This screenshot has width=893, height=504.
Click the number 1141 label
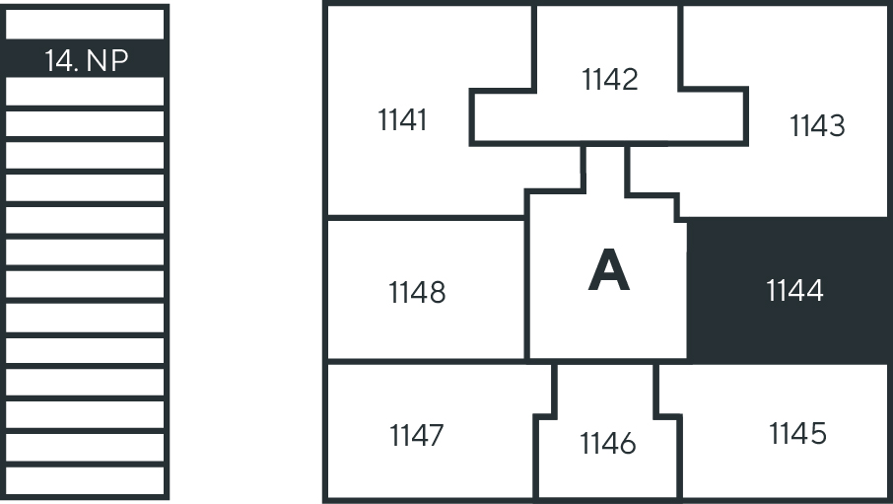[x=402, y=120]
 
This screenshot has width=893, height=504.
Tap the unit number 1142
[x=610, y=79]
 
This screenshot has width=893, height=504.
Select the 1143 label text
[x=817, y=126]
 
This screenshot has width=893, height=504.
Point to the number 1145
[x=797, y=433]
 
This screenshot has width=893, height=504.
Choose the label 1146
[x=608, y=444]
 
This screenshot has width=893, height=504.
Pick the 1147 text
[x=416, y=434]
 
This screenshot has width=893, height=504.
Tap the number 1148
[x=417, y=292]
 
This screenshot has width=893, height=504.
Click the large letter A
[x=608, y=270]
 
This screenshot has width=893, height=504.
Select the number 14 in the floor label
[x=60, y=60]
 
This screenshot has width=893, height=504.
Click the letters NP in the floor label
[x=107, y=60]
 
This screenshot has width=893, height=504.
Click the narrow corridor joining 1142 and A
[x=605, y=168]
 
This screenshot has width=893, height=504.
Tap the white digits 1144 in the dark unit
[x=794, y=291]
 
